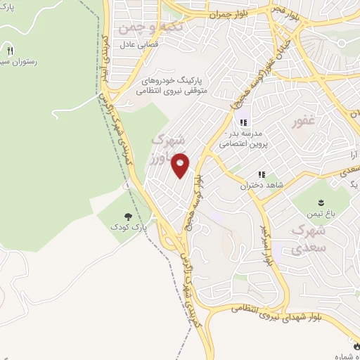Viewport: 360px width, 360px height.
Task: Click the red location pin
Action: click(181, 165)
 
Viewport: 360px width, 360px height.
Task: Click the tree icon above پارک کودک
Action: click(127, 217)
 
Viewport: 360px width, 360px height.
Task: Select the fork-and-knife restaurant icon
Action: click(10, 51)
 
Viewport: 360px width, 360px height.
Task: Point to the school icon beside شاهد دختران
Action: click(261, 174)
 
